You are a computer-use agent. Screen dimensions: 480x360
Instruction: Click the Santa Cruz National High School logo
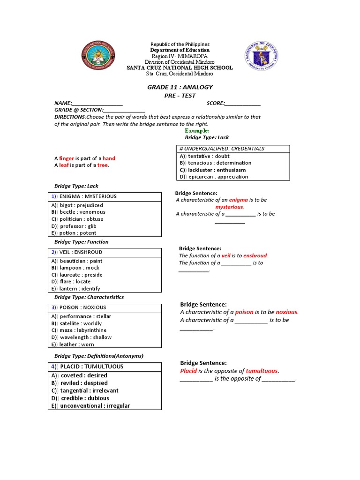pyautogui.click(x=97, y=58)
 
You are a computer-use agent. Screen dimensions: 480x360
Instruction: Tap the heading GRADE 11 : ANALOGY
pyautogui.click(x=180, y=87)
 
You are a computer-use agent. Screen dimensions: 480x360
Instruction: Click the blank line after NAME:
pyautogui.click(x=97, y=104)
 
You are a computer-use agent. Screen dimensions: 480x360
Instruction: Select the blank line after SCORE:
pyautogui.click(x=243, y=104)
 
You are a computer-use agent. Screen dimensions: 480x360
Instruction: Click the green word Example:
pyautogui.click(x=197, y=130)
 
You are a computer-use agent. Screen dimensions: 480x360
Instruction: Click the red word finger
pyautogui.click(x=67, y=158)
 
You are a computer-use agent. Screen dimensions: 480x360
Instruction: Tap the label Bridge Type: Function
pyautogui.click(x=81, y=242)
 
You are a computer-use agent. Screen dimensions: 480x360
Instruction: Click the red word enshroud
pyautogui.click(x=255, y=255)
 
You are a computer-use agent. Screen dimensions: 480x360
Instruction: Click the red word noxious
pyautogui.click(x=286, y=312)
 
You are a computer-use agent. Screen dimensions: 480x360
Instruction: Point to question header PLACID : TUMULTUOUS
pyautogui.click(x=87, y=367)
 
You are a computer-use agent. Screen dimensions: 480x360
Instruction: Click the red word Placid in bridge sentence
pyautogui.click(x=188, y=371)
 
